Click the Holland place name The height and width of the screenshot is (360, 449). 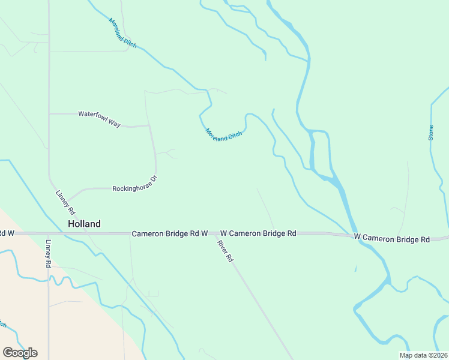84,223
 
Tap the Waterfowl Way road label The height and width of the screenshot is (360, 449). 100,119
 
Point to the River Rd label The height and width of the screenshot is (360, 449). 224,251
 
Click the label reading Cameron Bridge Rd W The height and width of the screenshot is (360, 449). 170,233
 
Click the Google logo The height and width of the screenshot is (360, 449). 20,353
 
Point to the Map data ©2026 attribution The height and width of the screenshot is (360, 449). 423,355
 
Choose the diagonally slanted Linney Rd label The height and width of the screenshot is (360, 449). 65,203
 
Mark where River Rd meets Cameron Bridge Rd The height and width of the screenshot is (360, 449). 214,233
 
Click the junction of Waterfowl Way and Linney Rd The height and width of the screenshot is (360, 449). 49,113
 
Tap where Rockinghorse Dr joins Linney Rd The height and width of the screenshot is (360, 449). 67,200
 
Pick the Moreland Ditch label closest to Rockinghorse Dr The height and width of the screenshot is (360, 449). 223,135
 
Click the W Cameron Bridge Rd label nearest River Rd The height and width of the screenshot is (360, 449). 258,233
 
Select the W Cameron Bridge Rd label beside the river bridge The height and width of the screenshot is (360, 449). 392,238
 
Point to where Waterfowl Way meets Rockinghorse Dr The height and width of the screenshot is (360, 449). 149,126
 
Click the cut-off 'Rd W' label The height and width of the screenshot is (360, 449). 7,233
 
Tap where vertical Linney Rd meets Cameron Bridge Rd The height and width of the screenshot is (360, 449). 49,233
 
